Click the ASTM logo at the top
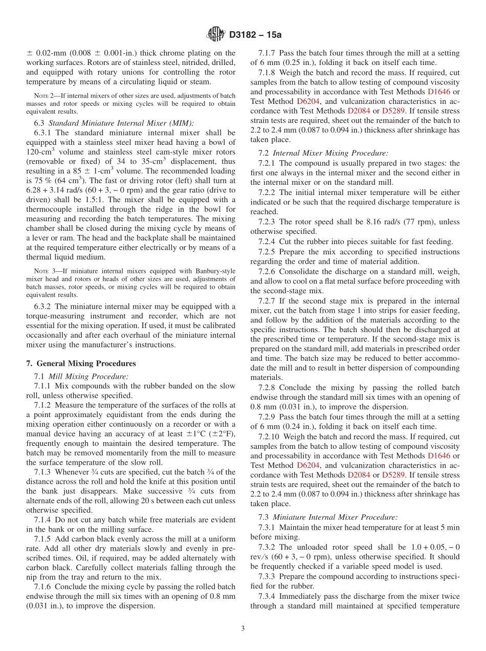pos(215,34)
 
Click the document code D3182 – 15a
pos(255,35)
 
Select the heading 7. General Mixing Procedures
pos(81,363)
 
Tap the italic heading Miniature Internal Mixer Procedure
pos(335,517)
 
